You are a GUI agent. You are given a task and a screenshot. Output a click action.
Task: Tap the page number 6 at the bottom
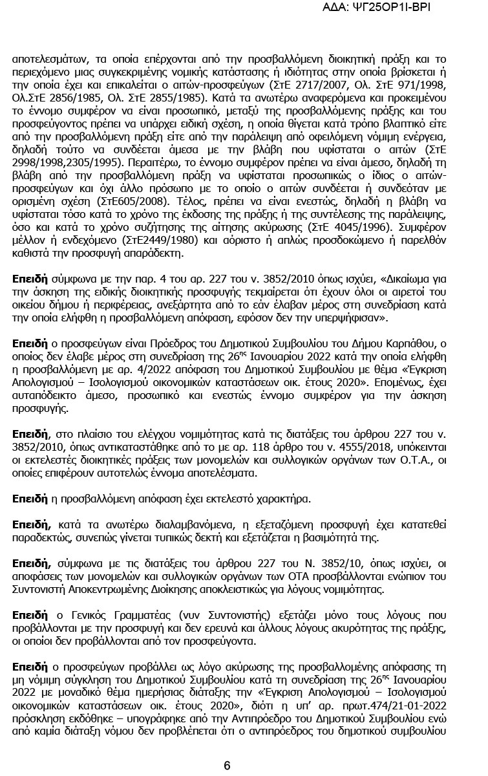[x=227, y=766]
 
